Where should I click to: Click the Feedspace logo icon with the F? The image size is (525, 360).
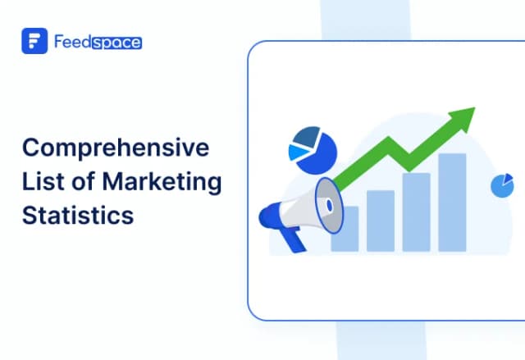(34, 41)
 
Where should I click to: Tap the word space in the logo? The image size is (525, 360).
(116, 41)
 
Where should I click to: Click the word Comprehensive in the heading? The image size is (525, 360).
(115, 149)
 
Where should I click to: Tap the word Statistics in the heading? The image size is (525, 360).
(77, 216)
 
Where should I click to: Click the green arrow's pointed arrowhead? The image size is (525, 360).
(464, 116)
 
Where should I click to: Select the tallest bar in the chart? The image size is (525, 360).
(452, 202)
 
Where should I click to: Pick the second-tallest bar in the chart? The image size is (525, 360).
(416, 212)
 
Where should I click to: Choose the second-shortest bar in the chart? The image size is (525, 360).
(380, 220)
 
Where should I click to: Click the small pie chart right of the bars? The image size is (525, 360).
(501, 186)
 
